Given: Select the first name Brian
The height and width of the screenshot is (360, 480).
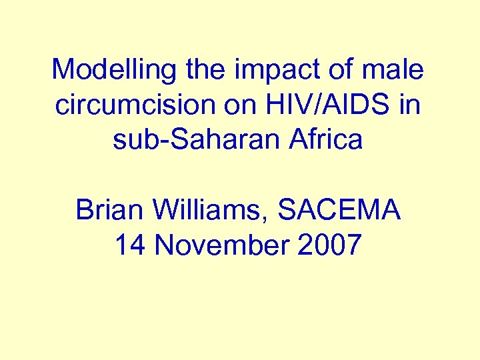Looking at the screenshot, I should click(x=109, y=211).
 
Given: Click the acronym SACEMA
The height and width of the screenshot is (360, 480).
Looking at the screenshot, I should click(x=340, y=211).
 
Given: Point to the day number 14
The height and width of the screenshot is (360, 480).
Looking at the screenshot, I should click(x=130, y=246).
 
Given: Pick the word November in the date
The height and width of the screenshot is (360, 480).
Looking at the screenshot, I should click(x=223, y=246).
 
